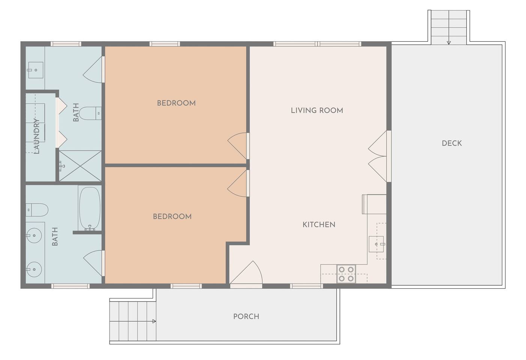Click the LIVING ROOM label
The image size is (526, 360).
click(x=317, y=110)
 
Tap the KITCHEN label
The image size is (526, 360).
click(x=319, y=225)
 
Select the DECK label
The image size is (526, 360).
click(x=452, y=143)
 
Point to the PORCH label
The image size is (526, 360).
click(x=246, y=316)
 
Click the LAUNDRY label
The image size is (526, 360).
click(x=37, y=136)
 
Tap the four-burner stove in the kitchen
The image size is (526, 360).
click(x=346, y=274)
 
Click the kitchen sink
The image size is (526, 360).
click(x=376, y=244)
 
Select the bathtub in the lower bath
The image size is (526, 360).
click(x=90, y=208)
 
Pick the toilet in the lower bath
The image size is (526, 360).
click(x=37, y=210)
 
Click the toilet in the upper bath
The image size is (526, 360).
click(x=90, y=113)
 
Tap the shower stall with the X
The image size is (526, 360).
click(x=80, y=166)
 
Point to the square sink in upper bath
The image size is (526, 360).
click(x=36, y=70)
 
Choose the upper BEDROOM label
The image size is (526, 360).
click(x=176, y=103)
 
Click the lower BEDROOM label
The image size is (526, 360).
click(x=172, y=216)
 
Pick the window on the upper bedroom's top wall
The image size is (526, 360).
click(x=165, y=44)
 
